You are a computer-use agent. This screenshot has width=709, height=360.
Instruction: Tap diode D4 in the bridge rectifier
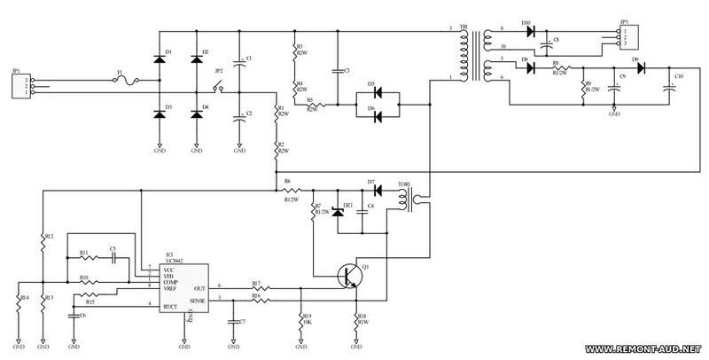tap(193, 113)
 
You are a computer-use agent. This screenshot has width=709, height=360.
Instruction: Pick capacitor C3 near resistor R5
tap(337, 68)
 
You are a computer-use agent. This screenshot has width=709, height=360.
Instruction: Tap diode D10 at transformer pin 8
tap(530, 32)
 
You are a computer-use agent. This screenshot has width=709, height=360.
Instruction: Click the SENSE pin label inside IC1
tap(199, 301)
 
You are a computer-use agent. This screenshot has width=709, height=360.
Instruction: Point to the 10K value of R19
tap(308, 322)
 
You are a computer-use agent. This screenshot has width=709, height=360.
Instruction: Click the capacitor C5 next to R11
tap(113, 258)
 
